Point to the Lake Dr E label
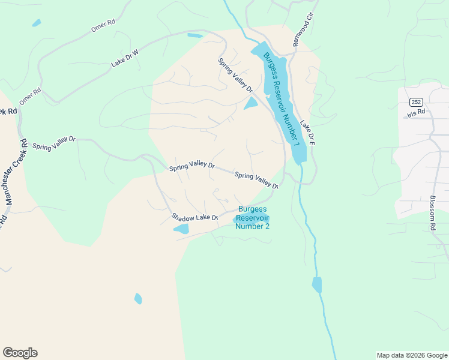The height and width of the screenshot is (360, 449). (307, 133)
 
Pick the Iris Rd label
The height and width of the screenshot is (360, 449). (415, 112)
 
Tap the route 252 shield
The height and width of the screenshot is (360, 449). (417, 101)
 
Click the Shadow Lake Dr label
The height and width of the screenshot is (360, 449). (194, 217)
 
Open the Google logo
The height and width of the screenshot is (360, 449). (20, 352)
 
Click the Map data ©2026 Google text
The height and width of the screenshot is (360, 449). (411, 355)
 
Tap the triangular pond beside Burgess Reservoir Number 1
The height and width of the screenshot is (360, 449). (250, 104)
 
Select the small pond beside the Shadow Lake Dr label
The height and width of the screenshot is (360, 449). (181, 229)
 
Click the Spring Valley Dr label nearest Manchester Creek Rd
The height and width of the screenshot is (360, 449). (54, 142)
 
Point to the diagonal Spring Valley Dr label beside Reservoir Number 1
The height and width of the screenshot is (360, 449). (235, 75)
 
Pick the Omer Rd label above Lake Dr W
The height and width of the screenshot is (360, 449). (103, 25)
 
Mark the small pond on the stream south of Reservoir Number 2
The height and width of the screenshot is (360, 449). (317, 284)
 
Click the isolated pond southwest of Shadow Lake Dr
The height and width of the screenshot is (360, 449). (138, 298)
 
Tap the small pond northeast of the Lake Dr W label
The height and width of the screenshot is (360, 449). (194, 35)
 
